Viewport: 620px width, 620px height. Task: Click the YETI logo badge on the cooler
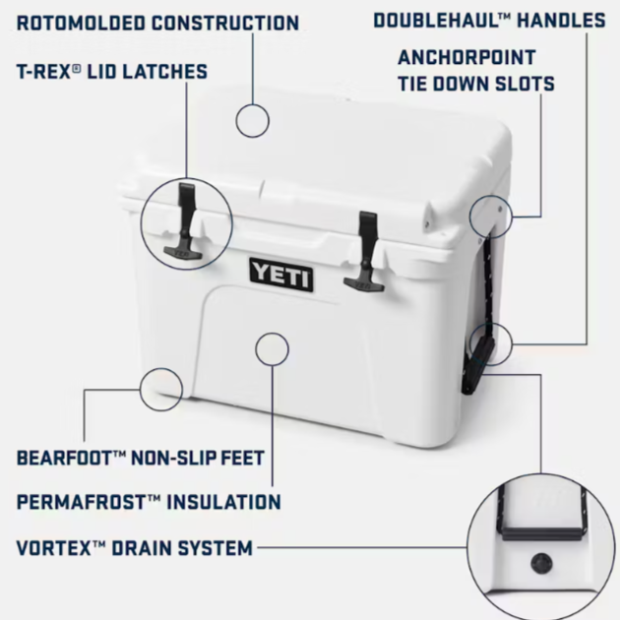point(281,275)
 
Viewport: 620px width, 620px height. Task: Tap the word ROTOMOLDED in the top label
point(81,23)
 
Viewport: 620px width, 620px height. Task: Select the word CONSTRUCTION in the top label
point(225,23)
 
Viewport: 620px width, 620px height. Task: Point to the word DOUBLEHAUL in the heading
point(440,20)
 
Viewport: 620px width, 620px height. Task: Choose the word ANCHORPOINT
point(466,58)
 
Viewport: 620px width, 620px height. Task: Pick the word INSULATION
point(223,502)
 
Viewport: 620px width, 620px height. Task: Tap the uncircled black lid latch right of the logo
point(365,252)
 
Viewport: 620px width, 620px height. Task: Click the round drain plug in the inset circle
point(541,563)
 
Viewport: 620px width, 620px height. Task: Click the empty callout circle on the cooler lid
point(252,121)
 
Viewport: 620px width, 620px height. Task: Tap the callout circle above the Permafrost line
point(272,349)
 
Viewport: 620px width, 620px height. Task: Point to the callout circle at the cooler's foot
point(161,390)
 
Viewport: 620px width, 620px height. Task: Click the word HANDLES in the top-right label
point(562,20)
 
